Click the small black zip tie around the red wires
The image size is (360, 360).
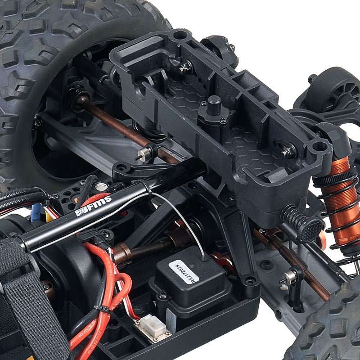tap(104, 310)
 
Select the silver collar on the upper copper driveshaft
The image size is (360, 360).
tap(144, 154)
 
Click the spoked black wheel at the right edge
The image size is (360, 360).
tap(335, 90)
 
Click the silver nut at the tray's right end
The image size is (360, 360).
tap(288, 152)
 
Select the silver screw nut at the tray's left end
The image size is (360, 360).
tap(184, 68)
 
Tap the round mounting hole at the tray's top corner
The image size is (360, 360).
tap(180, 35)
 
